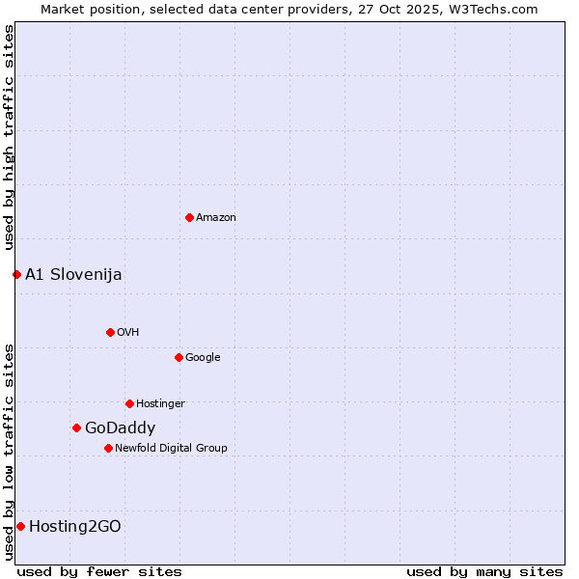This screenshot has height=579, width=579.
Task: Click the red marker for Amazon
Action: click(x=189, y=217)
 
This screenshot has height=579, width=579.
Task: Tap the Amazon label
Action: click(x=216, y=218)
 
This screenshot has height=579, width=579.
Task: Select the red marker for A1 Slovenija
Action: click(x=16, y=274)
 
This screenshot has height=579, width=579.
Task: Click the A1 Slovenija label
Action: click(x=73, y=275)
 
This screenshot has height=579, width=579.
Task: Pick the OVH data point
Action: click(x=110, y=332)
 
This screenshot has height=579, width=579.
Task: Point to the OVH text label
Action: click(x=128, y=333)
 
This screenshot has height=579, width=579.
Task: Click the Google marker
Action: click(x=179, y=357)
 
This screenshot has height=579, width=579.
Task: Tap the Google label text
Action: click(x=203, y=358)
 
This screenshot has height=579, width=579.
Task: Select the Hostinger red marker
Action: click(x=129, y=403)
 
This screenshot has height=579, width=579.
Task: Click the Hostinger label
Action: click(x=160, y=404)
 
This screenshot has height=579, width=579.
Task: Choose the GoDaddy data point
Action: click(x=76, y=427)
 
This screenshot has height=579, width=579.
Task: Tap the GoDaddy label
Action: click(x=120, y=428)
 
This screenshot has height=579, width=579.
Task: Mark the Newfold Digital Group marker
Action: click(x=108, y=448)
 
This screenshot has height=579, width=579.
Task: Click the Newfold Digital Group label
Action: click(x=171, y=449)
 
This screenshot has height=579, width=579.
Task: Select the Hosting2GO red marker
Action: click(x=20, y=526)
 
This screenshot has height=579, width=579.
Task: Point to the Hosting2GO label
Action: click(x=75, y=527)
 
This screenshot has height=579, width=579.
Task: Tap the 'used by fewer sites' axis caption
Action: click(x=99, y=571)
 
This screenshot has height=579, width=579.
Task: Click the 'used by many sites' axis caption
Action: click(x=484, y=571)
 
